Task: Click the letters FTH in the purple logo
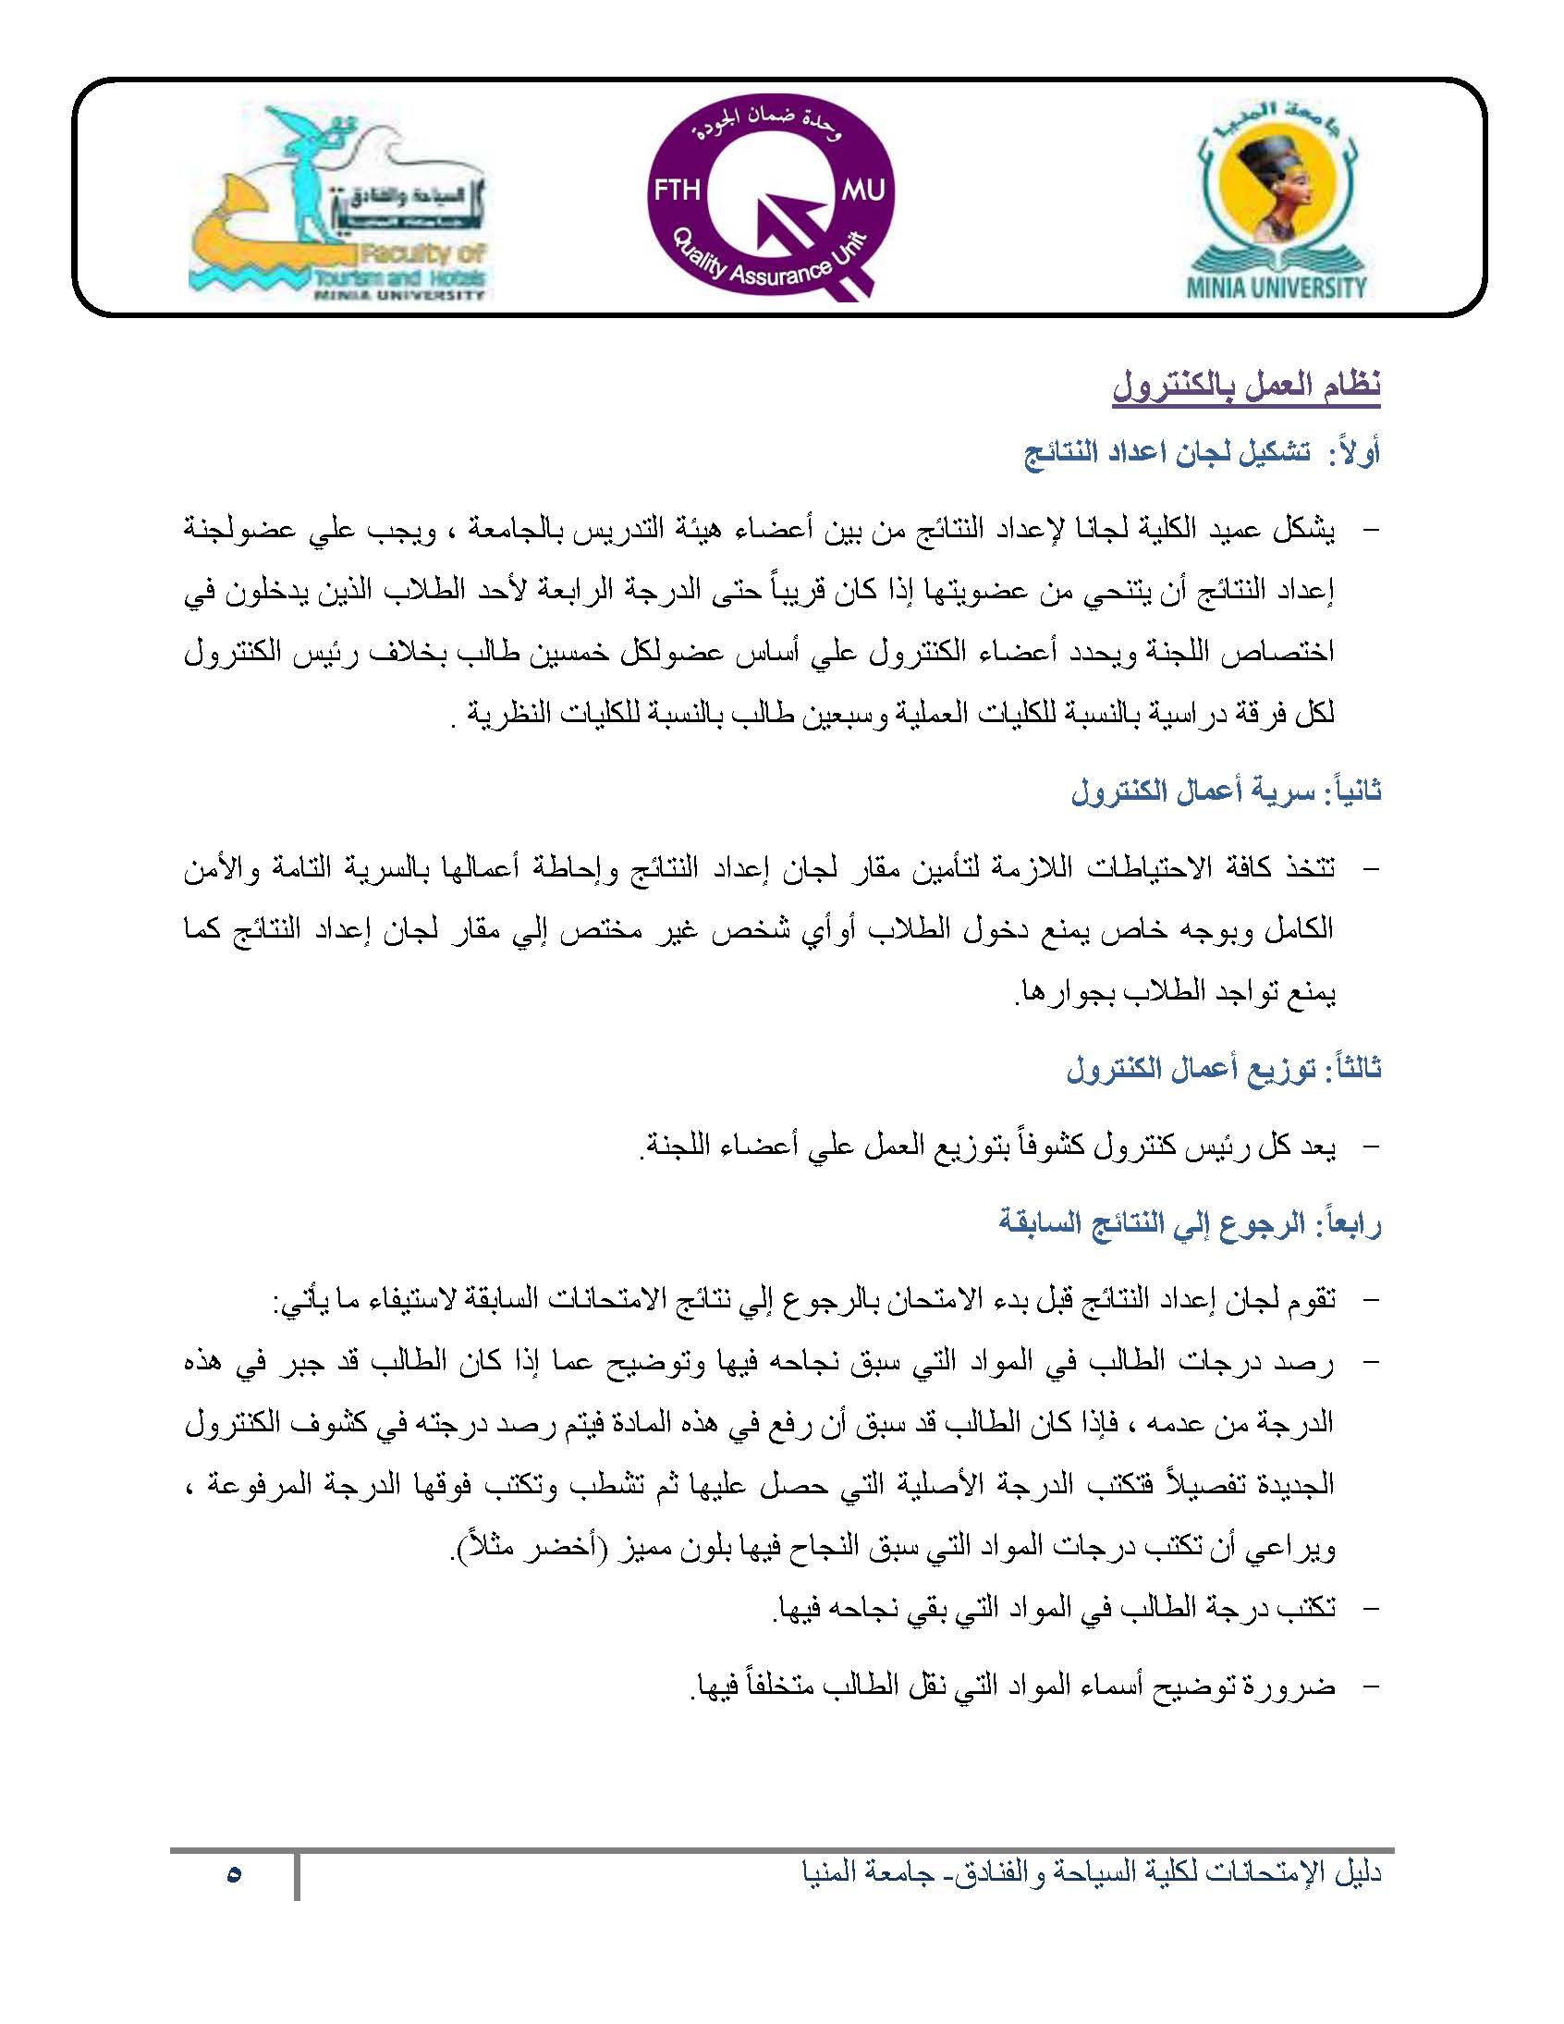tap(677, 191)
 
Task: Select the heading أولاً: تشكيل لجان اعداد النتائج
tap(1202, 454)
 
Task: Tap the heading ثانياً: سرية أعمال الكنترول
tap(1225, 792)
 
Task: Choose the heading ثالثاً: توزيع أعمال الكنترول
tap(1223, 1069)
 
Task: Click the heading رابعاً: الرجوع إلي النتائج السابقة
tap(1190, 1223)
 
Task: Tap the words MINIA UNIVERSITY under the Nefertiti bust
tap(1277, 288)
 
